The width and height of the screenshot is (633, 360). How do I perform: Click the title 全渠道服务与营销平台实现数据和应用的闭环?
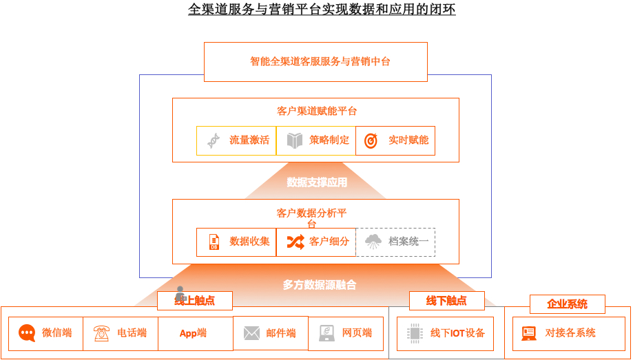pos(322,10)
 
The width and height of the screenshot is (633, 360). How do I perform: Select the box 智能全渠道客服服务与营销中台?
pos(315,61)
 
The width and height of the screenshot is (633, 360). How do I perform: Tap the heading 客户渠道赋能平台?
pos(316,111)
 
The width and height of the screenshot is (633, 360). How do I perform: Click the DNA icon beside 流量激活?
pos(214,140)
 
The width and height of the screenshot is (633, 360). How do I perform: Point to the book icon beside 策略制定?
pos(295,140)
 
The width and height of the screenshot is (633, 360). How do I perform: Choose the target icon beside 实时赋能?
pos(371,140)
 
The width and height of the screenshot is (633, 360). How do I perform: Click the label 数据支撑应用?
pos(317,182)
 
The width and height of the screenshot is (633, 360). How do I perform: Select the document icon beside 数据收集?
pos(214,242)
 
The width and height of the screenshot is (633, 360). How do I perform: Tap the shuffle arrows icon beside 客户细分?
pos(295,242)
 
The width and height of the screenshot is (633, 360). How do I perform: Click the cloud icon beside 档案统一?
pos(373,242)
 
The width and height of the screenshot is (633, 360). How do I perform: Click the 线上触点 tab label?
pos(195,301)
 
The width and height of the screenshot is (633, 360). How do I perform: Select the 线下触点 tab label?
pos(446,301)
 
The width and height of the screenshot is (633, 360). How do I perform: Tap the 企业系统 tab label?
pos(567,304)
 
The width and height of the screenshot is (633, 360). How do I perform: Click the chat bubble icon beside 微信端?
pos(27,333)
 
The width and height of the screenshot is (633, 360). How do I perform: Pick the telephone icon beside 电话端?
pos(102,333)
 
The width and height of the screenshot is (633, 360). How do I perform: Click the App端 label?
pos(193,333)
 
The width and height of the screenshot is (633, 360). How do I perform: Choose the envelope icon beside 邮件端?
pos(251,334)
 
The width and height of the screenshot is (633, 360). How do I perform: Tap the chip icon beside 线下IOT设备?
pos(415,333)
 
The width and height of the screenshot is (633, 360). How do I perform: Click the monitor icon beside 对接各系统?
pos(529,333)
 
